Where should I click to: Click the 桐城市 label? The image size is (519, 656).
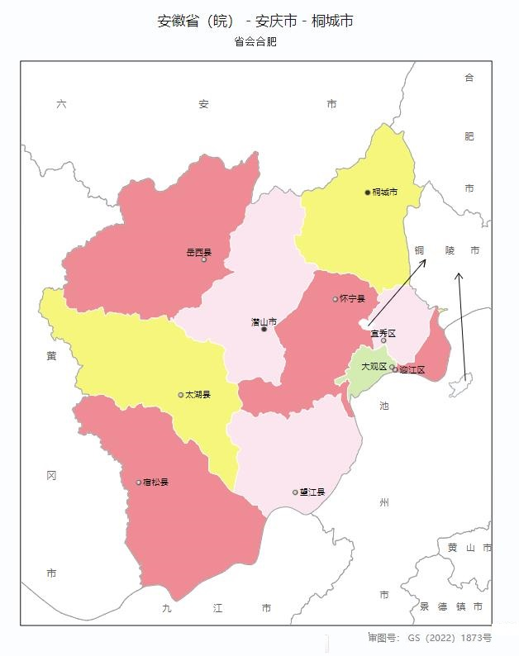click(385, 193)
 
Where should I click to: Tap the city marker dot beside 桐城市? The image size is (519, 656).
click(368, 193)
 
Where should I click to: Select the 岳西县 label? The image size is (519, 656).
click(199, 253)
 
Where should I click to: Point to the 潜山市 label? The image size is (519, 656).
click(264, 321)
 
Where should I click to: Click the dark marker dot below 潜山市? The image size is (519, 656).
click(264, 330)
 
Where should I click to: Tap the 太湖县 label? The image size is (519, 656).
click(198, 395)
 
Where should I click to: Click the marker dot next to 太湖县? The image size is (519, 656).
click(181, 395)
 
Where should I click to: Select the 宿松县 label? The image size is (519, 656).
click(155, 482)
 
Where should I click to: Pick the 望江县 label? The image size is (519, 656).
click(312, 492)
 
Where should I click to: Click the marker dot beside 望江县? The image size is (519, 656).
click(295, 492)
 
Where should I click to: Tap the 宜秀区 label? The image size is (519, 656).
click(383, 333)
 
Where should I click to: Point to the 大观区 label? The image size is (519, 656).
click(374, 366)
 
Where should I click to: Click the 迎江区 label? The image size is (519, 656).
click(412, 369)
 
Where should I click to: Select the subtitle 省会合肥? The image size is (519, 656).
click(255, 41)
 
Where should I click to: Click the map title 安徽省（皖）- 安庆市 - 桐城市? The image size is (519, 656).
click(255, 21)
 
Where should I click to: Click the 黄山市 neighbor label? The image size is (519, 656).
click(469, 548)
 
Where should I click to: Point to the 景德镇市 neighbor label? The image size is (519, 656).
click(451, 606)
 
